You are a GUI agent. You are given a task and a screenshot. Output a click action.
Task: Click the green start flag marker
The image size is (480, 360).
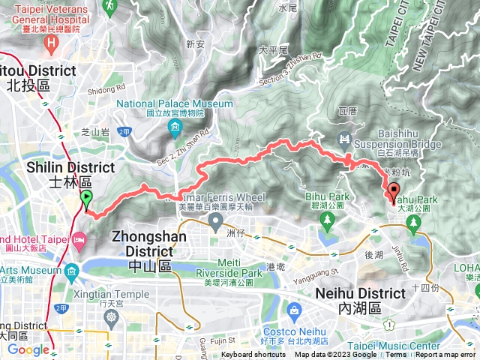[86, 200]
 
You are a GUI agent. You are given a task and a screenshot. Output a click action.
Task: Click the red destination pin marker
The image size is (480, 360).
[394, 192]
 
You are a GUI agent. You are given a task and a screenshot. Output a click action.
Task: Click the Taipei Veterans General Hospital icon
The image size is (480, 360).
[52, 42]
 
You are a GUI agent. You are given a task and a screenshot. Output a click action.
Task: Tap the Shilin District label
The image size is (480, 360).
[70, 174]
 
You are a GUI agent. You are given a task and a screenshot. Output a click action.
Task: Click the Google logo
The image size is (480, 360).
[28, 349]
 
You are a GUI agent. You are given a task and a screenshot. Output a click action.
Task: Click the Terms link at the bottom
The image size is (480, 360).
[396, 355]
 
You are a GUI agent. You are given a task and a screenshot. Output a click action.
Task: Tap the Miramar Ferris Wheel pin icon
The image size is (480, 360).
[216, 221]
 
